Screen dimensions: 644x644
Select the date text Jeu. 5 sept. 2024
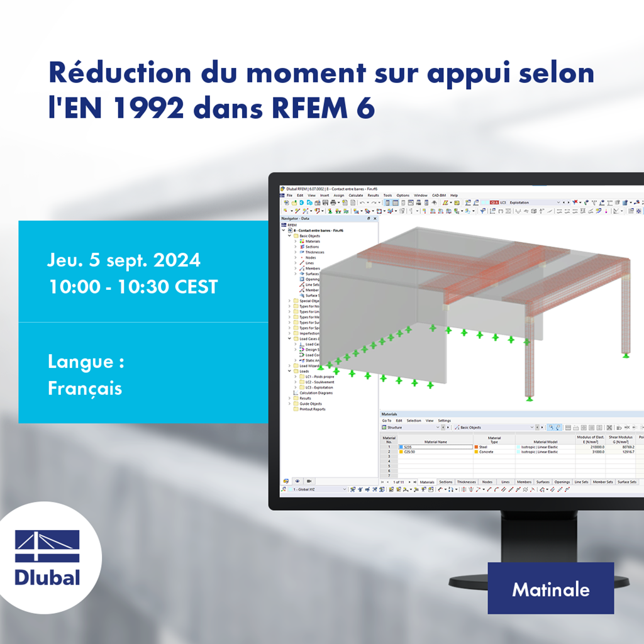(x=124, y=260)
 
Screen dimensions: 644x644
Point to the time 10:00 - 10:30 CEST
(x=133, y=287)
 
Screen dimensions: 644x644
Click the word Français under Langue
(x=85, y=388)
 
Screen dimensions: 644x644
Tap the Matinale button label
(x=550, y=589)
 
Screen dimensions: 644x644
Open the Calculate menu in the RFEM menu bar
(x=356, y=196)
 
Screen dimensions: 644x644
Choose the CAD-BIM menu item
(x=439, y=196)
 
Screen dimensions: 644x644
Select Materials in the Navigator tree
(x=313, y=241)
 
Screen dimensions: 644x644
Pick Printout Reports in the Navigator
(x=312, y=409)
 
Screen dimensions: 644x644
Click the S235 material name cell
(x=434, y=447)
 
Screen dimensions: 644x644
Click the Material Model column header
(x=545, y=441)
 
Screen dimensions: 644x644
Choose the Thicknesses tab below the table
(x=466, y=482)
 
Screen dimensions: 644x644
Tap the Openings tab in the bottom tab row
(x=562, y=482)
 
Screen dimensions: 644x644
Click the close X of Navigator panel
(x=375, y=218)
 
